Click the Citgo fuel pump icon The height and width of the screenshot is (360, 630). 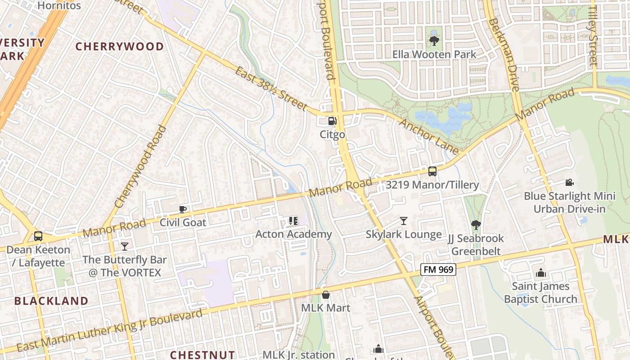click(332, 121)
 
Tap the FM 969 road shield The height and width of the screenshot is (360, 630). click(438, 270)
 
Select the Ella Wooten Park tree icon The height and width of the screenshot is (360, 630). click(434, 41)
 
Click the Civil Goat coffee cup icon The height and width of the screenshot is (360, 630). click(183, 209)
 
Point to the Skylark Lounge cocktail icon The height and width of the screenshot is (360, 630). click(404, 221)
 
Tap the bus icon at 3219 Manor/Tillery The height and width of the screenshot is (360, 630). click(432, 171)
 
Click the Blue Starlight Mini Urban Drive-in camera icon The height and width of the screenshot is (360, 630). click(569, 182)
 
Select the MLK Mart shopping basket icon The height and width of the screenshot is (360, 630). click(326, 295)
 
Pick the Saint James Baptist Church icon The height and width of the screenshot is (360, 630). click(540, 273)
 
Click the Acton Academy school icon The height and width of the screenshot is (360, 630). click(293, 220)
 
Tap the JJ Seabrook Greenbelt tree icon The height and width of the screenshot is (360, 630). click(476, 225)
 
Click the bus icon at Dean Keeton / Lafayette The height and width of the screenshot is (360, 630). click(38, 236)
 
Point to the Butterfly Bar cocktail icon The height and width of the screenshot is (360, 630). click(125, 246)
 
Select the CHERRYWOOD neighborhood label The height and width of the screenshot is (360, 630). click(119, 46)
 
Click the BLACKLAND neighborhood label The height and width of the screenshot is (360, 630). click(51, 301)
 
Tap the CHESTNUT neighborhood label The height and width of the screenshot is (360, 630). click(202, 355)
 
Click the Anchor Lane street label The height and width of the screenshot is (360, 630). click(428, 136)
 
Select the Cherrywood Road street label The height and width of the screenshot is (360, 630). click(141, 166)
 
